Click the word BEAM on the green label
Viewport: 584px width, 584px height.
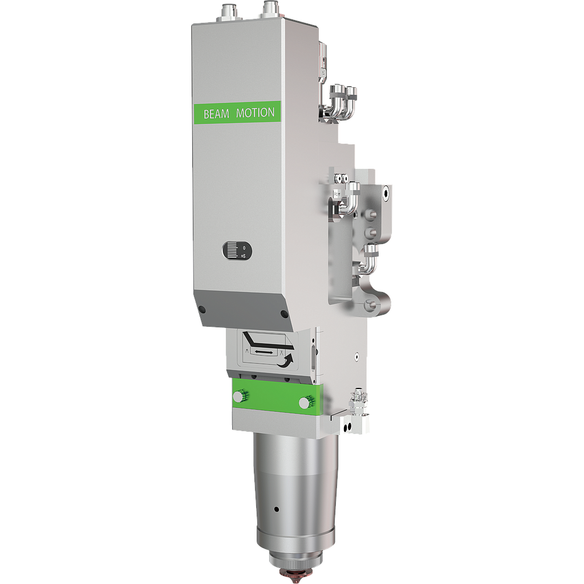[216, 114]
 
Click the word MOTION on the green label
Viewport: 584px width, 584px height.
[255, 113]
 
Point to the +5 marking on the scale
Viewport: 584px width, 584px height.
[243, 256]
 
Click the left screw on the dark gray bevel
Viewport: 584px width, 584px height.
[202, 310]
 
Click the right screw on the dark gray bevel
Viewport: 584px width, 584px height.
[284, 314]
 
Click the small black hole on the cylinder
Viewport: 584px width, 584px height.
[275, 509]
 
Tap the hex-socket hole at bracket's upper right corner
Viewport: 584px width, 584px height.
[387, 194]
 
